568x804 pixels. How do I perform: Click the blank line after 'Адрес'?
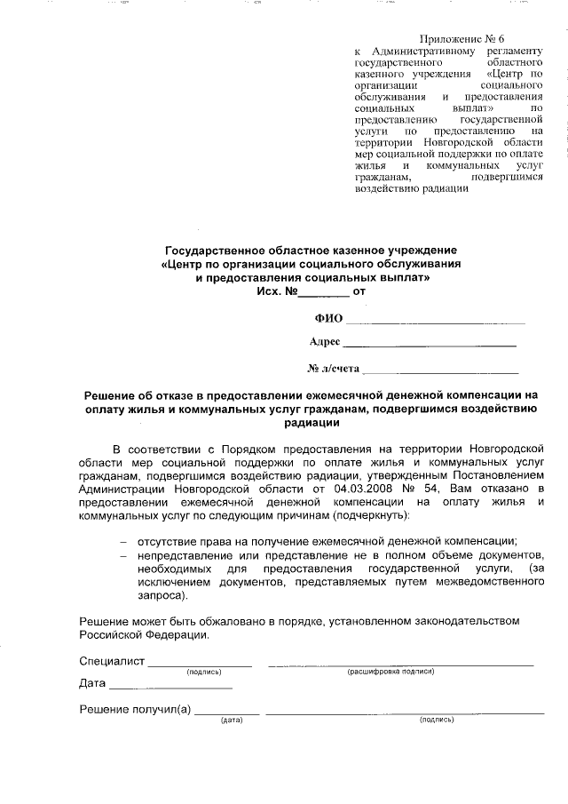click(429, 343)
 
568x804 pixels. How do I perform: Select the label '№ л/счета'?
click(333, 368)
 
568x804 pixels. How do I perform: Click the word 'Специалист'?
click(111, 661)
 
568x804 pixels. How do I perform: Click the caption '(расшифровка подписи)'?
click(390, 672)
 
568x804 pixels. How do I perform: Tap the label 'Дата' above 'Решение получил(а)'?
click(92, 684)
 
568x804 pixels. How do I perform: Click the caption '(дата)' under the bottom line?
click(232, 720)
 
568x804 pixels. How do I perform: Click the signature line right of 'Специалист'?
click(200, 663)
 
